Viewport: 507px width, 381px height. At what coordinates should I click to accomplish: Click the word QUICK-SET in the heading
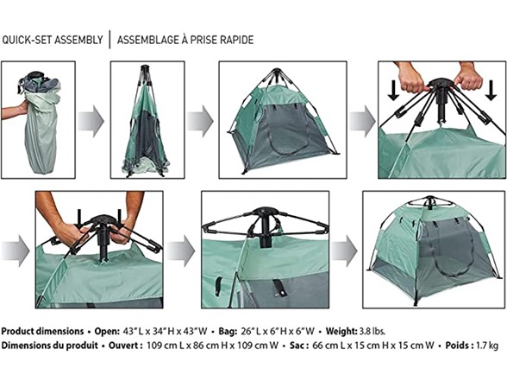coord(27,40)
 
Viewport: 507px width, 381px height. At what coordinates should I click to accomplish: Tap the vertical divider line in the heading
coord(110,40)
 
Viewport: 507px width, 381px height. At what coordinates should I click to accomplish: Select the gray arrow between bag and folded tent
coord(91,121)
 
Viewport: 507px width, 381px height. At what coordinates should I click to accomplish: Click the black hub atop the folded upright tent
coord(145,69)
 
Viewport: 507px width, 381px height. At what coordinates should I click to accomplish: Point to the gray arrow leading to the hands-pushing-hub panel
coord(362,121)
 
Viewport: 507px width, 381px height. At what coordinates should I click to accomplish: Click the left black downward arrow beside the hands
coord(393,90)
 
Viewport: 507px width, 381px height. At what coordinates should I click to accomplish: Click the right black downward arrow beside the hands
coord(491,90)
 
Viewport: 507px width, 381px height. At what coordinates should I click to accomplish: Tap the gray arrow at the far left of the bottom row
coord(16,251)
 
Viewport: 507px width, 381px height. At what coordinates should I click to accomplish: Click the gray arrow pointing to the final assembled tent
coord(344,251)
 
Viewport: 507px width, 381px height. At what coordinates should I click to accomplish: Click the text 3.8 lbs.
coord(372,332)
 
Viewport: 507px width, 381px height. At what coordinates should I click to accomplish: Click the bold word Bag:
coord(228,332)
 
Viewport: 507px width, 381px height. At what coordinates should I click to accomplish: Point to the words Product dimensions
coord(43,332)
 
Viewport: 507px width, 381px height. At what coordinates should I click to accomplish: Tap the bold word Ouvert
coord(123,346)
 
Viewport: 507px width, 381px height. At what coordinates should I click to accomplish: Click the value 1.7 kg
coord(487,346)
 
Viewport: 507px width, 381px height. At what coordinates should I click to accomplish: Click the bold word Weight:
coord(341,332)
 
